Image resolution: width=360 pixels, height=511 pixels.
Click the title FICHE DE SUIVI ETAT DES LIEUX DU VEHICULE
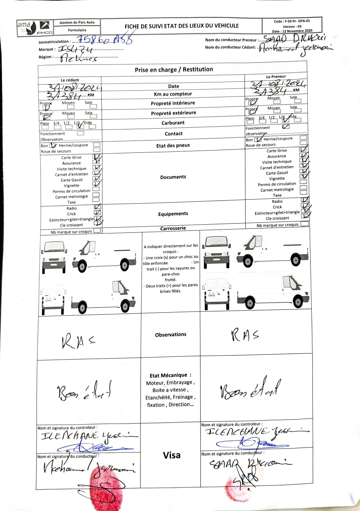point(182,26)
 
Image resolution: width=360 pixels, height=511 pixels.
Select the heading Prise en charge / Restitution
point(174,69)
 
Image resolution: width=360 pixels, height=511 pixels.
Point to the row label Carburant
point(173,123)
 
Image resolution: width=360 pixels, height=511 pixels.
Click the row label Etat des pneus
point(173,145)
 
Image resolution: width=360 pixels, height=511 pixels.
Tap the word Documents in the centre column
point(173,177)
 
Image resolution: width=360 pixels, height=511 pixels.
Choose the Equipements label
point(173,214)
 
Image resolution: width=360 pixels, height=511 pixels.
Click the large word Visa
point(171,455)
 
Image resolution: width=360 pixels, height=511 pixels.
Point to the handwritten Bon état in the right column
point(250,388)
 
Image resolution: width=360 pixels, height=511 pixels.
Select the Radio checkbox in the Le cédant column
point(98,207)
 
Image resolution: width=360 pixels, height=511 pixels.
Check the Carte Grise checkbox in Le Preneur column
point(303,150)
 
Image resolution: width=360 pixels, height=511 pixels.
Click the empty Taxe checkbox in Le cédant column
point(96,200)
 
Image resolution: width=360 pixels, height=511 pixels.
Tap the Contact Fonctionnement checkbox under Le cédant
point(81,133)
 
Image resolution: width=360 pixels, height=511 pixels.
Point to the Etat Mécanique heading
point(170,375)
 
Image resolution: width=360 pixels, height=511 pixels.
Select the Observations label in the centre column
point(170,335)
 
